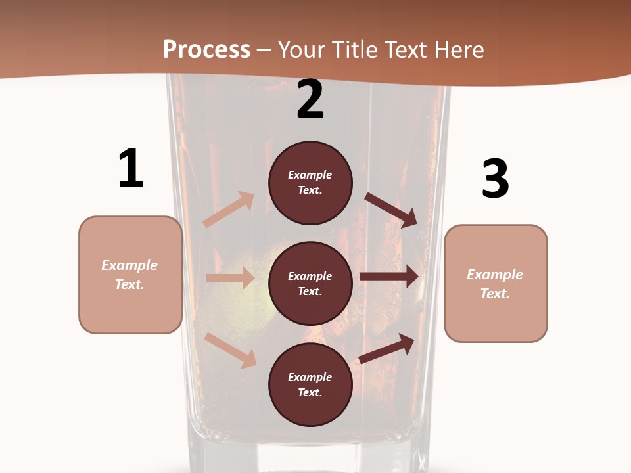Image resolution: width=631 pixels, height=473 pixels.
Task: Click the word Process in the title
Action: (x=206, y=50)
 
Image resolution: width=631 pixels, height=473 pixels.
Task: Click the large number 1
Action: (x=131, y=169)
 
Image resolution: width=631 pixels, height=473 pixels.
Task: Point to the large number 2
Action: (x=310, y=99)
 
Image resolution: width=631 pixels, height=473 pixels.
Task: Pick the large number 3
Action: (x=495, y=179)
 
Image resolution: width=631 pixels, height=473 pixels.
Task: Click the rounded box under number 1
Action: (x=130, y=275)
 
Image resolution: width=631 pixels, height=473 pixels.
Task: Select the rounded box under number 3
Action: (x=496, y=284)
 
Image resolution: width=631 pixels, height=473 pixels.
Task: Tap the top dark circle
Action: (x=310, y=183)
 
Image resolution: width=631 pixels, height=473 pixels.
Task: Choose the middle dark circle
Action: (x=310, y=284)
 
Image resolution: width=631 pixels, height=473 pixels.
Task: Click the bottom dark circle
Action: (x=310, y=385)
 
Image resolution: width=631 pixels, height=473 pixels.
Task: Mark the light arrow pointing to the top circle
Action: (x=229, y=210)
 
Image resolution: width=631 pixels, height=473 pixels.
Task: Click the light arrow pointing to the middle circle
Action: (x=230, y=278)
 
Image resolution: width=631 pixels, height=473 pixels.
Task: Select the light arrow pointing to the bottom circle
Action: (x=231, y=350)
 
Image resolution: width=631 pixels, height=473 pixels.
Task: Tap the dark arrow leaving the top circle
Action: (x=391, y=210)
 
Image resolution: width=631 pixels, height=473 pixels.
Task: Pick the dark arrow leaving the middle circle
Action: (x=389, y=277)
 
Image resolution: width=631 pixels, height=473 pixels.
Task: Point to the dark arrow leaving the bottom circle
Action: (x=386, y=348)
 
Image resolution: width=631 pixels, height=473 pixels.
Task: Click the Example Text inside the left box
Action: (x=130, y=275)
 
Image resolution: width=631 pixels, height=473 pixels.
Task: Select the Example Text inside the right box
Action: (x=495, y=284)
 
